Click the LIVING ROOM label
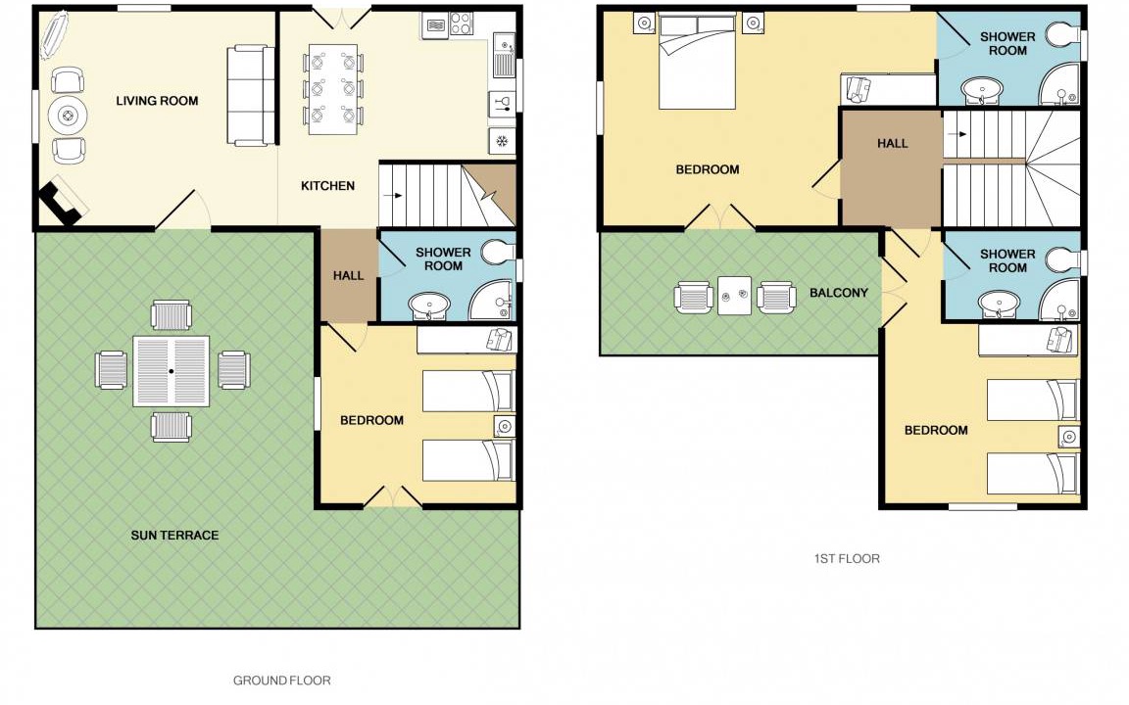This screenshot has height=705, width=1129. point(157,101)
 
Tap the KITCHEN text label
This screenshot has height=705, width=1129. point(327,186)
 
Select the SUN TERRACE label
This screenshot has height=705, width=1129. point(174,536)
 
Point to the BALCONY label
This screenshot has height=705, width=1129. point(839,293)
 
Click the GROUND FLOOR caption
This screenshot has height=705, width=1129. point(281,681)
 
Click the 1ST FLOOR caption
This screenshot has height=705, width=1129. point(847,558)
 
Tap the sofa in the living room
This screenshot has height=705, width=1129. point(251,96)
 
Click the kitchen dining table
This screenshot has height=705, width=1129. point(333,90)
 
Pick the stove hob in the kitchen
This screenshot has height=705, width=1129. point(462,23)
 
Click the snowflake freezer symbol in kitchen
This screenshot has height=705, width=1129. point(502,141)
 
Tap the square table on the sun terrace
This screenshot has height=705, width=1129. point(172,371)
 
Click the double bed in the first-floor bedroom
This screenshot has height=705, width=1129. point(697,62)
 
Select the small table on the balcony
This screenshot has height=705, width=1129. point(734,296)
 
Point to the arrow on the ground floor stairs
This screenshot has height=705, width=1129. point(393,196)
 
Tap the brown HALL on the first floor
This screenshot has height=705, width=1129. point(892,167)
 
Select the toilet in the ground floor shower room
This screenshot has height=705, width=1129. point(498,254)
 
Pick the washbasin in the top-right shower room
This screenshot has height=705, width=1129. point(982,91)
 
